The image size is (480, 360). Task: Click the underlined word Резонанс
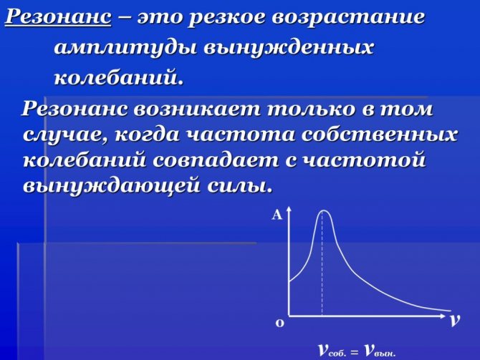coord(58,17)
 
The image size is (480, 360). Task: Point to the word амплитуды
coord(125,49)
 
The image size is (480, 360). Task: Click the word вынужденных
coord(289,49)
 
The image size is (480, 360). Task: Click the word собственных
coord(380,135)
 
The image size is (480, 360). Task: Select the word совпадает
coord(216,160)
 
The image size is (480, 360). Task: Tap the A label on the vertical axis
coord(277,215)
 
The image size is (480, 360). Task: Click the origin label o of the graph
coord(280,323)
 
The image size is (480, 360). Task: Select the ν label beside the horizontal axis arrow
coord(455,320)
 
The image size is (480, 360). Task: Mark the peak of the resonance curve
coord(323,210)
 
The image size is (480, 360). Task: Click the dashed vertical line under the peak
coord(322,263)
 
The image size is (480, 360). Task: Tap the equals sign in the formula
coord(355,352)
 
